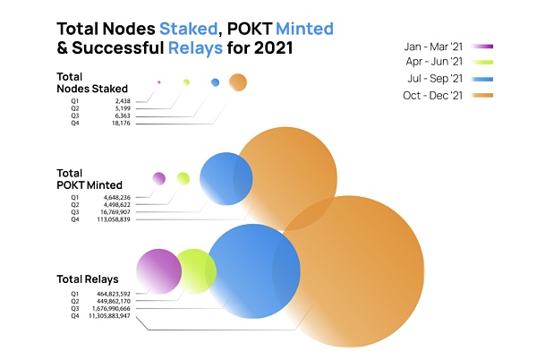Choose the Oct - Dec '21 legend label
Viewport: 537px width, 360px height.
(433, 96)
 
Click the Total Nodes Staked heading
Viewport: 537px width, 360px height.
(87, 83)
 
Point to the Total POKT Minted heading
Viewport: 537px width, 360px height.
(89, 178)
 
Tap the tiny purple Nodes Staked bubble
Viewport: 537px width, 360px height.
(158, 82)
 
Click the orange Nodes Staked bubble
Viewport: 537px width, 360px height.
(237, 82)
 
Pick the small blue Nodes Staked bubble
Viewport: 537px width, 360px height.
(215, 82)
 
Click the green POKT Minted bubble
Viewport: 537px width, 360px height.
(183, 178)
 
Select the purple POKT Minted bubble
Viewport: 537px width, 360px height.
(159, 178)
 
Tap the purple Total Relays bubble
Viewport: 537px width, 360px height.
(158, 271)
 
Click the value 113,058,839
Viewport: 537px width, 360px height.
(113, 219)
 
